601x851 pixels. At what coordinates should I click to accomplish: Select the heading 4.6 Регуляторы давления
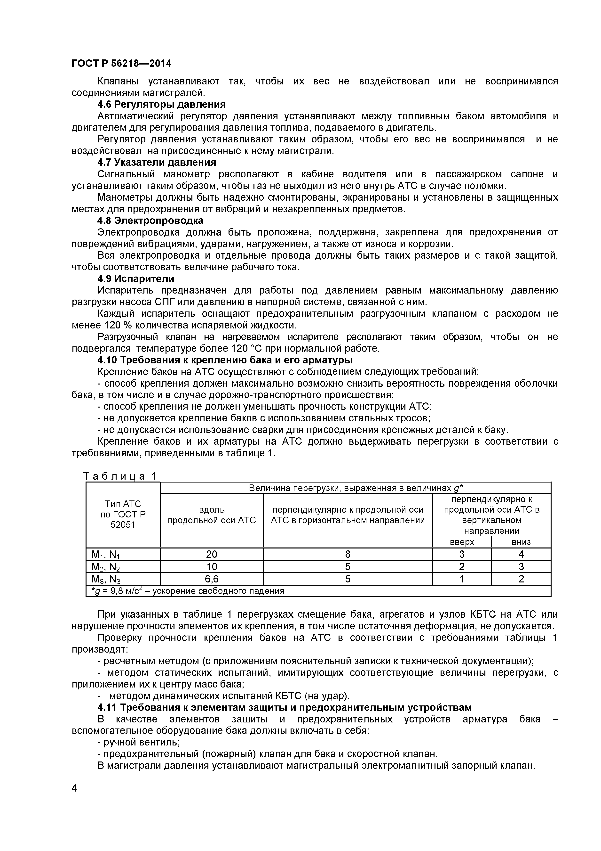point(161,105)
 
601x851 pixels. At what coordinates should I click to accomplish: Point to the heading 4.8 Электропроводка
point(150,221)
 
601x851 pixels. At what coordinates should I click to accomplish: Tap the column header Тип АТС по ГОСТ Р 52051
point(123,515)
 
